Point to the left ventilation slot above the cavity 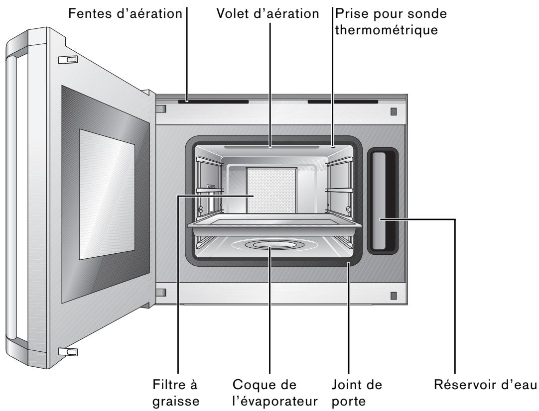click(x=213, y=102)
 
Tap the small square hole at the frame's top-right click(x=394, y=111)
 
